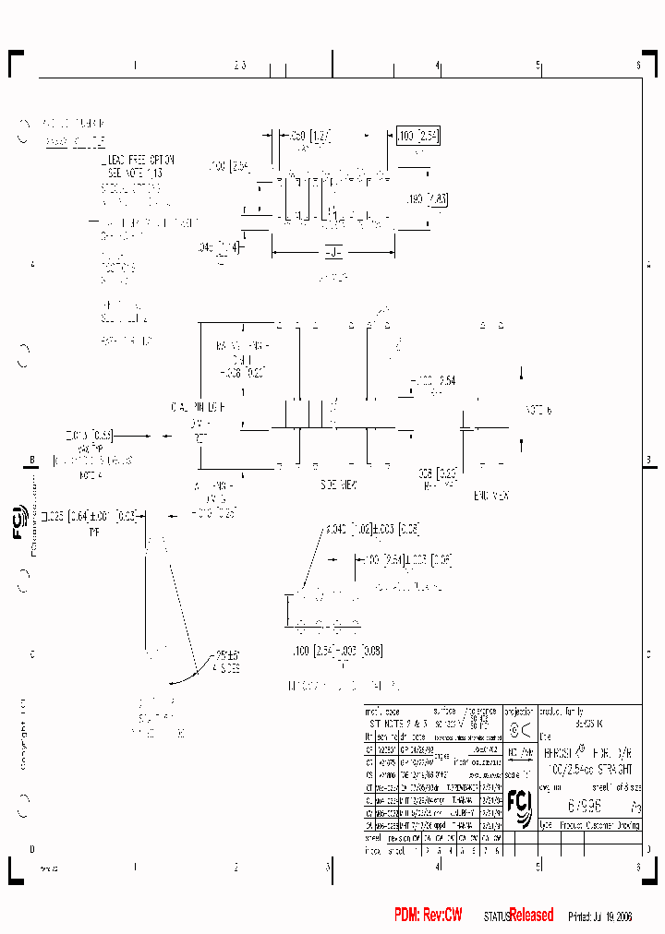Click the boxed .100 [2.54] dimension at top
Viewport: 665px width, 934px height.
(417, 136)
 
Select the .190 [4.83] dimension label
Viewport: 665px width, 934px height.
(428, 198)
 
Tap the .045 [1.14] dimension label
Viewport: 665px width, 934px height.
(219, 246)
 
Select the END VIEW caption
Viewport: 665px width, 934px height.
(491, 496)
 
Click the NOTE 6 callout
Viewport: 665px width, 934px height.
(538, 410)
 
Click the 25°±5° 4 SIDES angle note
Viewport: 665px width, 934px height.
(224, 663)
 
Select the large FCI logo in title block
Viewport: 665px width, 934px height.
(519, 806)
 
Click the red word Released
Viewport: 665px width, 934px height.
(531, 915)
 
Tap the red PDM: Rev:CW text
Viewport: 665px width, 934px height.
(428, 915)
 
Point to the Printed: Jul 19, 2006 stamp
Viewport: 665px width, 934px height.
(599, 916)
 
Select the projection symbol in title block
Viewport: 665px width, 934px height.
(520, 728)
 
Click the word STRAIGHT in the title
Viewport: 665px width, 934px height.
(610, 768)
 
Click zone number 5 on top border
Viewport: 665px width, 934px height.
(538, 66)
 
